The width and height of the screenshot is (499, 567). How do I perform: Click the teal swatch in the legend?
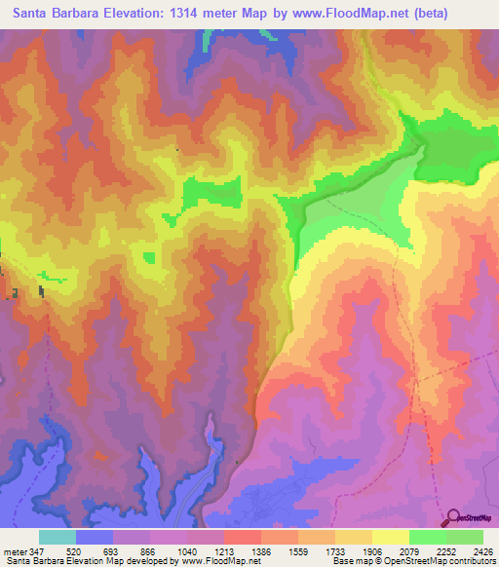coord(58,537)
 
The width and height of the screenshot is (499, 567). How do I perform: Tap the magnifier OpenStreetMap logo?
coord(454,517)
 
